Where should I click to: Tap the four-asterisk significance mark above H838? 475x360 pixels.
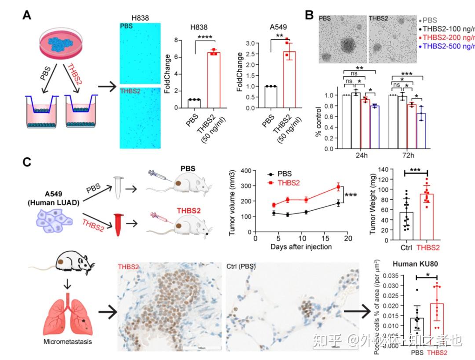pyautogui.click(x=205, y=37)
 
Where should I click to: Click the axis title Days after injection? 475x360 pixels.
pyautogui.click(x=301, y=247)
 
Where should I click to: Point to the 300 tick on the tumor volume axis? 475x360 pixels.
pyautogui.click(x=252, y=186)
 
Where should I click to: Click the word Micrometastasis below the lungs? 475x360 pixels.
pyautogui.click(x=68, y=342)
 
